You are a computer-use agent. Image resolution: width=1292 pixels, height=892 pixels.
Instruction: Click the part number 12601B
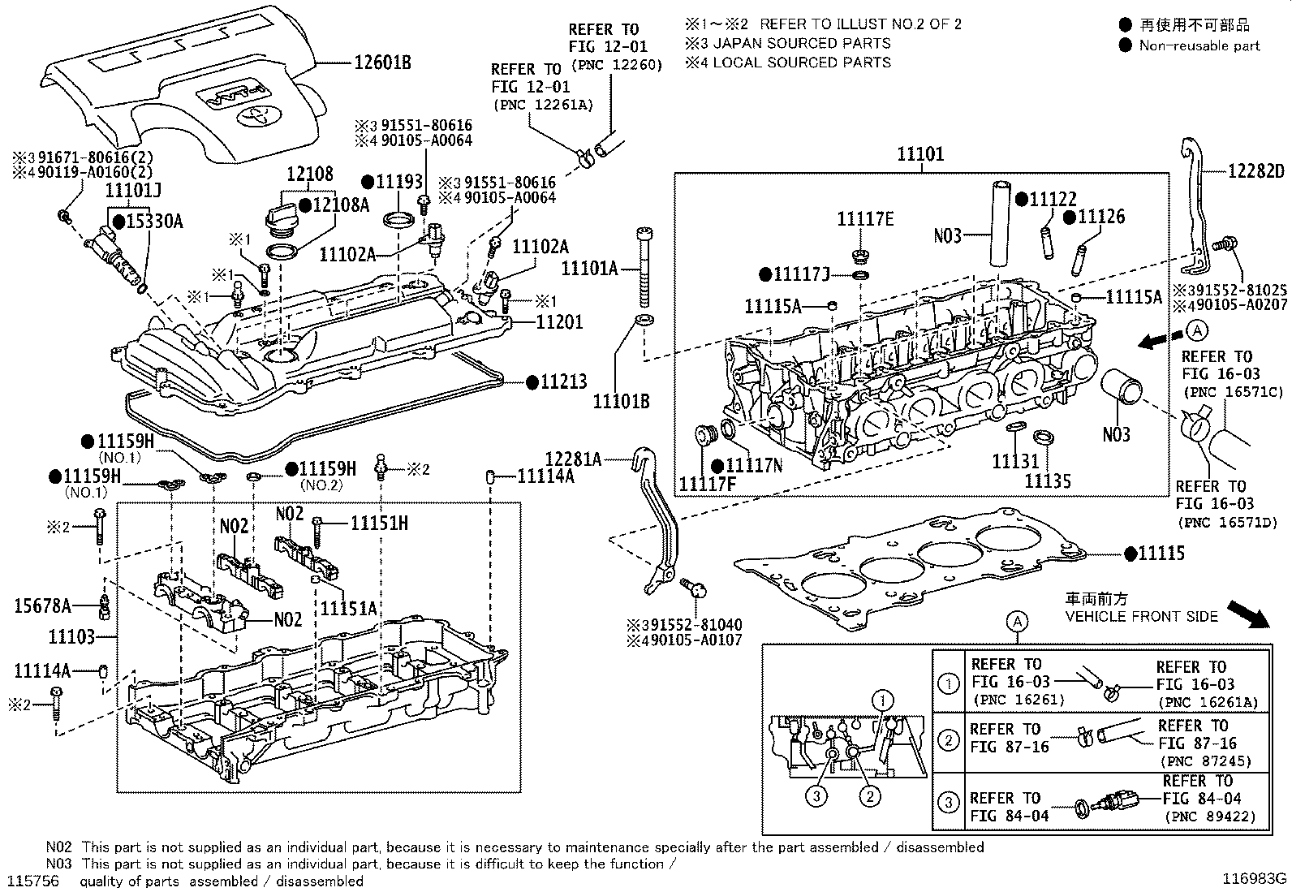381,62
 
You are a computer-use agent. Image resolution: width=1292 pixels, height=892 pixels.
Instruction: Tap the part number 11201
559,322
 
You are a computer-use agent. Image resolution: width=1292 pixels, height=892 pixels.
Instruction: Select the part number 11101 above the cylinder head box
920,154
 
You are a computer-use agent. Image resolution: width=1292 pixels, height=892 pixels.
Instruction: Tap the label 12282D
1256,171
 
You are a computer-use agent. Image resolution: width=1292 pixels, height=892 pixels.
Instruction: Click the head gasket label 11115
1161,554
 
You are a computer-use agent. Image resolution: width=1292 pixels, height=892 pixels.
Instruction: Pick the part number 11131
1014,461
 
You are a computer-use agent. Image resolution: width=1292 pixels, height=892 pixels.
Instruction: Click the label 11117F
707,485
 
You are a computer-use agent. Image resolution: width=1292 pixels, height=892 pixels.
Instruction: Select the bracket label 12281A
573,459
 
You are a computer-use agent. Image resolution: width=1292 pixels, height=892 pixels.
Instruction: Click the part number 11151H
379,524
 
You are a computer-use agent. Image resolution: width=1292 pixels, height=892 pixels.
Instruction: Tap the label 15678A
42,605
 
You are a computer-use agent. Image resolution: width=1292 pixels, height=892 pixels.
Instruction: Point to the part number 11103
71,637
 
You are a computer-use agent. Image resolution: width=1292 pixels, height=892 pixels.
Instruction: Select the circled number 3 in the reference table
949,804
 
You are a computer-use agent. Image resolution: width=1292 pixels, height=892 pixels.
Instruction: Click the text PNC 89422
1209,817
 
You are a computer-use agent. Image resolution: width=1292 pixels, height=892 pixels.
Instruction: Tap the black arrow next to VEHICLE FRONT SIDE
1247,614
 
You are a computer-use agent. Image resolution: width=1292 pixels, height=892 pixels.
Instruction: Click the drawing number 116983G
1255,878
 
